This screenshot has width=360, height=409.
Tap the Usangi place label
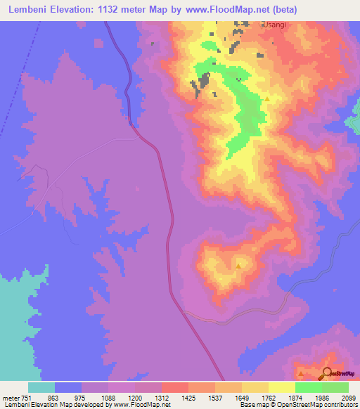pos(274,24)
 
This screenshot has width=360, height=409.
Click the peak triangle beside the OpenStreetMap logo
pos(301,373)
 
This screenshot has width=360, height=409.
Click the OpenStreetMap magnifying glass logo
pos(328,372)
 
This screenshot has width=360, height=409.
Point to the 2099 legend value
pos(349,397)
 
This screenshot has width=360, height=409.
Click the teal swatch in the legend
pos(41,387)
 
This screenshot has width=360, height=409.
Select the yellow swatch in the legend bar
pos(281,387)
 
